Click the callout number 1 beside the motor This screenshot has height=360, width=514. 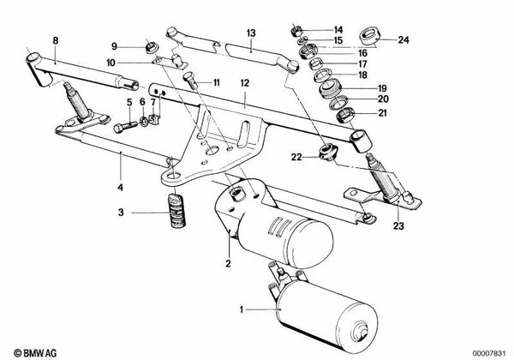click(242, 308)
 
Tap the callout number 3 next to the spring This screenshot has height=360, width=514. click(123, 212)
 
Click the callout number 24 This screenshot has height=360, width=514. click(404, 38)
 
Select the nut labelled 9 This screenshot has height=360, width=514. click(152, 45)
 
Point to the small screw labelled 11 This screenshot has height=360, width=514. click(190, 83)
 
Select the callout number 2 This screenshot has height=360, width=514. click(229, 263)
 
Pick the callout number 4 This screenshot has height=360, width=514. click(121, 187)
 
